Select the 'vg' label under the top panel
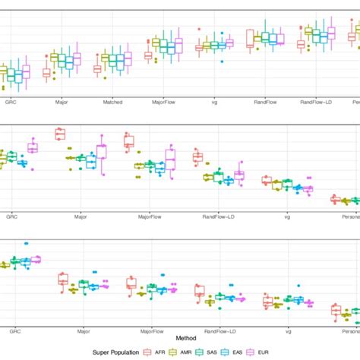click(x=210, y=100)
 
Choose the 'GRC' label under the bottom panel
click(x=14, y=331)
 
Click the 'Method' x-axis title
click(x=186, y=337)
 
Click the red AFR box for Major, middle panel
click(x=60, y=134)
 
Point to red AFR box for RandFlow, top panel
click(x=250, y=35)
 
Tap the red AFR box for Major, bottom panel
click(x=63, y=280)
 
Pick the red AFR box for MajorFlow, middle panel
click(x=129, y=141)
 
